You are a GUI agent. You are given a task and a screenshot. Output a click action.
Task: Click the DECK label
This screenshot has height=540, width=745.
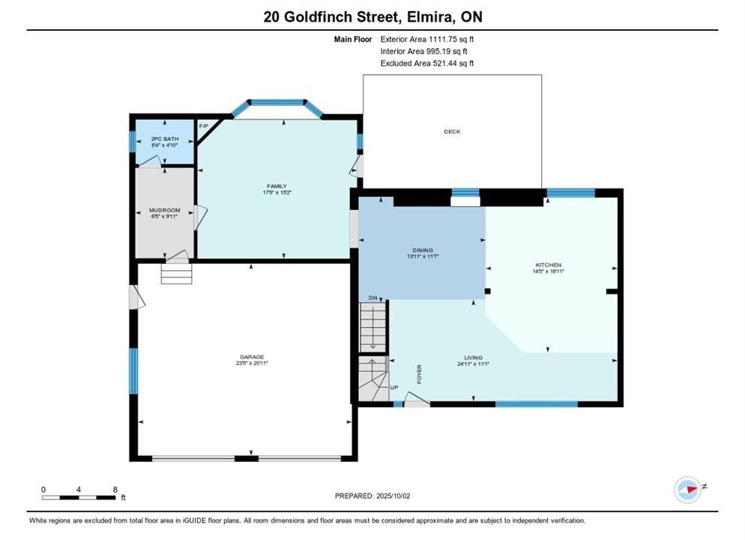click(452, 132)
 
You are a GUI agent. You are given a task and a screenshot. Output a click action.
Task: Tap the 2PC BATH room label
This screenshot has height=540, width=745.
click(165, 139)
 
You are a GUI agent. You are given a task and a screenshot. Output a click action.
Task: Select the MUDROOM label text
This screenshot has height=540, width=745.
click(165, 210)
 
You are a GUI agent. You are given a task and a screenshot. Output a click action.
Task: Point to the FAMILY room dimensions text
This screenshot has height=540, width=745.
click(277, 193)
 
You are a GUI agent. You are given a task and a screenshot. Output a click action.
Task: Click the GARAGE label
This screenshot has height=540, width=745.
click(252, 357)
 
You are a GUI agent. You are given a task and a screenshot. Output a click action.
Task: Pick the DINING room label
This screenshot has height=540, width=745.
click(423, 250)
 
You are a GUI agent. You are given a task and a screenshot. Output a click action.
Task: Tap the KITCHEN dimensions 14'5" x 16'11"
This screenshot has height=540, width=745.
click(549, 271)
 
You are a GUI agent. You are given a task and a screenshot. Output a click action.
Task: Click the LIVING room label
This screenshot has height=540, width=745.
click(473, 358)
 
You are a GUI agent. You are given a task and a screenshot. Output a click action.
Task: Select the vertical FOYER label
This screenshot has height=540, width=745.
click(419, 374)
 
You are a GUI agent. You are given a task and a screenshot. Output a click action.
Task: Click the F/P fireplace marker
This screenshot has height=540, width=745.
click(203, 126)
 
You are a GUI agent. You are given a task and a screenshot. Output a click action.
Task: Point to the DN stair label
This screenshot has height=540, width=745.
click(373, 298)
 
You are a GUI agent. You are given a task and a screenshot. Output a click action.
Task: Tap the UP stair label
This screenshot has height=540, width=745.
click(394, 388)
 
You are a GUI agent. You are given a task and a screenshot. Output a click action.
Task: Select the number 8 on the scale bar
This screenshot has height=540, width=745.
click(115, 490)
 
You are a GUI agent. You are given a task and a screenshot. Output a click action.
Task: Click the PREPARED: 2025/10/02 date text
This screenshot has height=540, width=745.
click(372, 496)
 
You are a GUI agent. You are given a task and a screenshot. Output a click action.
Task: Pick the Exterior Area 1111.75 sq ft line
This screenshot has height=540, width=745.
click(427, 40)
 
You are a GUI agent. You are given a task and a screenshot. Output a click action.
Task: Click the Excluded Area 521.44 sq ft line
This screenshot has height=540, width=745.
click(427, 63)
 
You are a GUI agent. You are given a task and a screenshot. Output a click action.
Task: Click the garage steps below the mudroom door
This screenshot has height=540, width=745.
click(176, 274)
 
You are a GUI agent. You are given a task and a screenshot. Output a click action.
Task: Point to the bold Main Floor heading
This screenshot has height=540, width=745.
click(353, 40)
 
